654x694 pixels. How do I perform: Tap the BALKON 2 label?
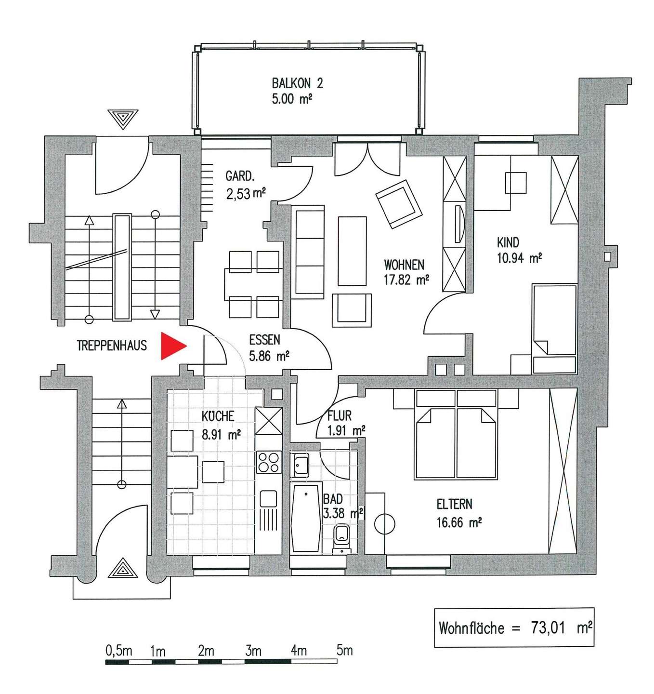297,91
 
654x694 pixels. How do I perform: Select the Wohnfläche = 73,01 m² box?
514,627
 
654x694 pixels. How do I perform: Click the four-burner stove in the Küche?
269,462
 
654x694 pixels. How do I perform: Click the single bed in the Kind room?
554,329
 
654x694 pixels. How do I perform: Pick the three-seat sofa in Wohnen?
309,252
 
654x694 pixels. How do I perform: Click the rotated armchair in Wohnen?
399,204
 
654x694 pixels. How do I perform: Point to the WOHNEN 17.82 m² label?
406,272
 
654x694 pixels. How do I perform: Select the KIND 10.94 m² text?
519,250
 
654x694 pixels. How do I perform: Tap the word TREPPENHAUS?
112,346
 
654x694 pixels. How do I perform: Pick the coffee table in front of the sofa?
352,251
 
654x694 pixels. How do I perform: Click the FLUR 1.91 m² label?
346,423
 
